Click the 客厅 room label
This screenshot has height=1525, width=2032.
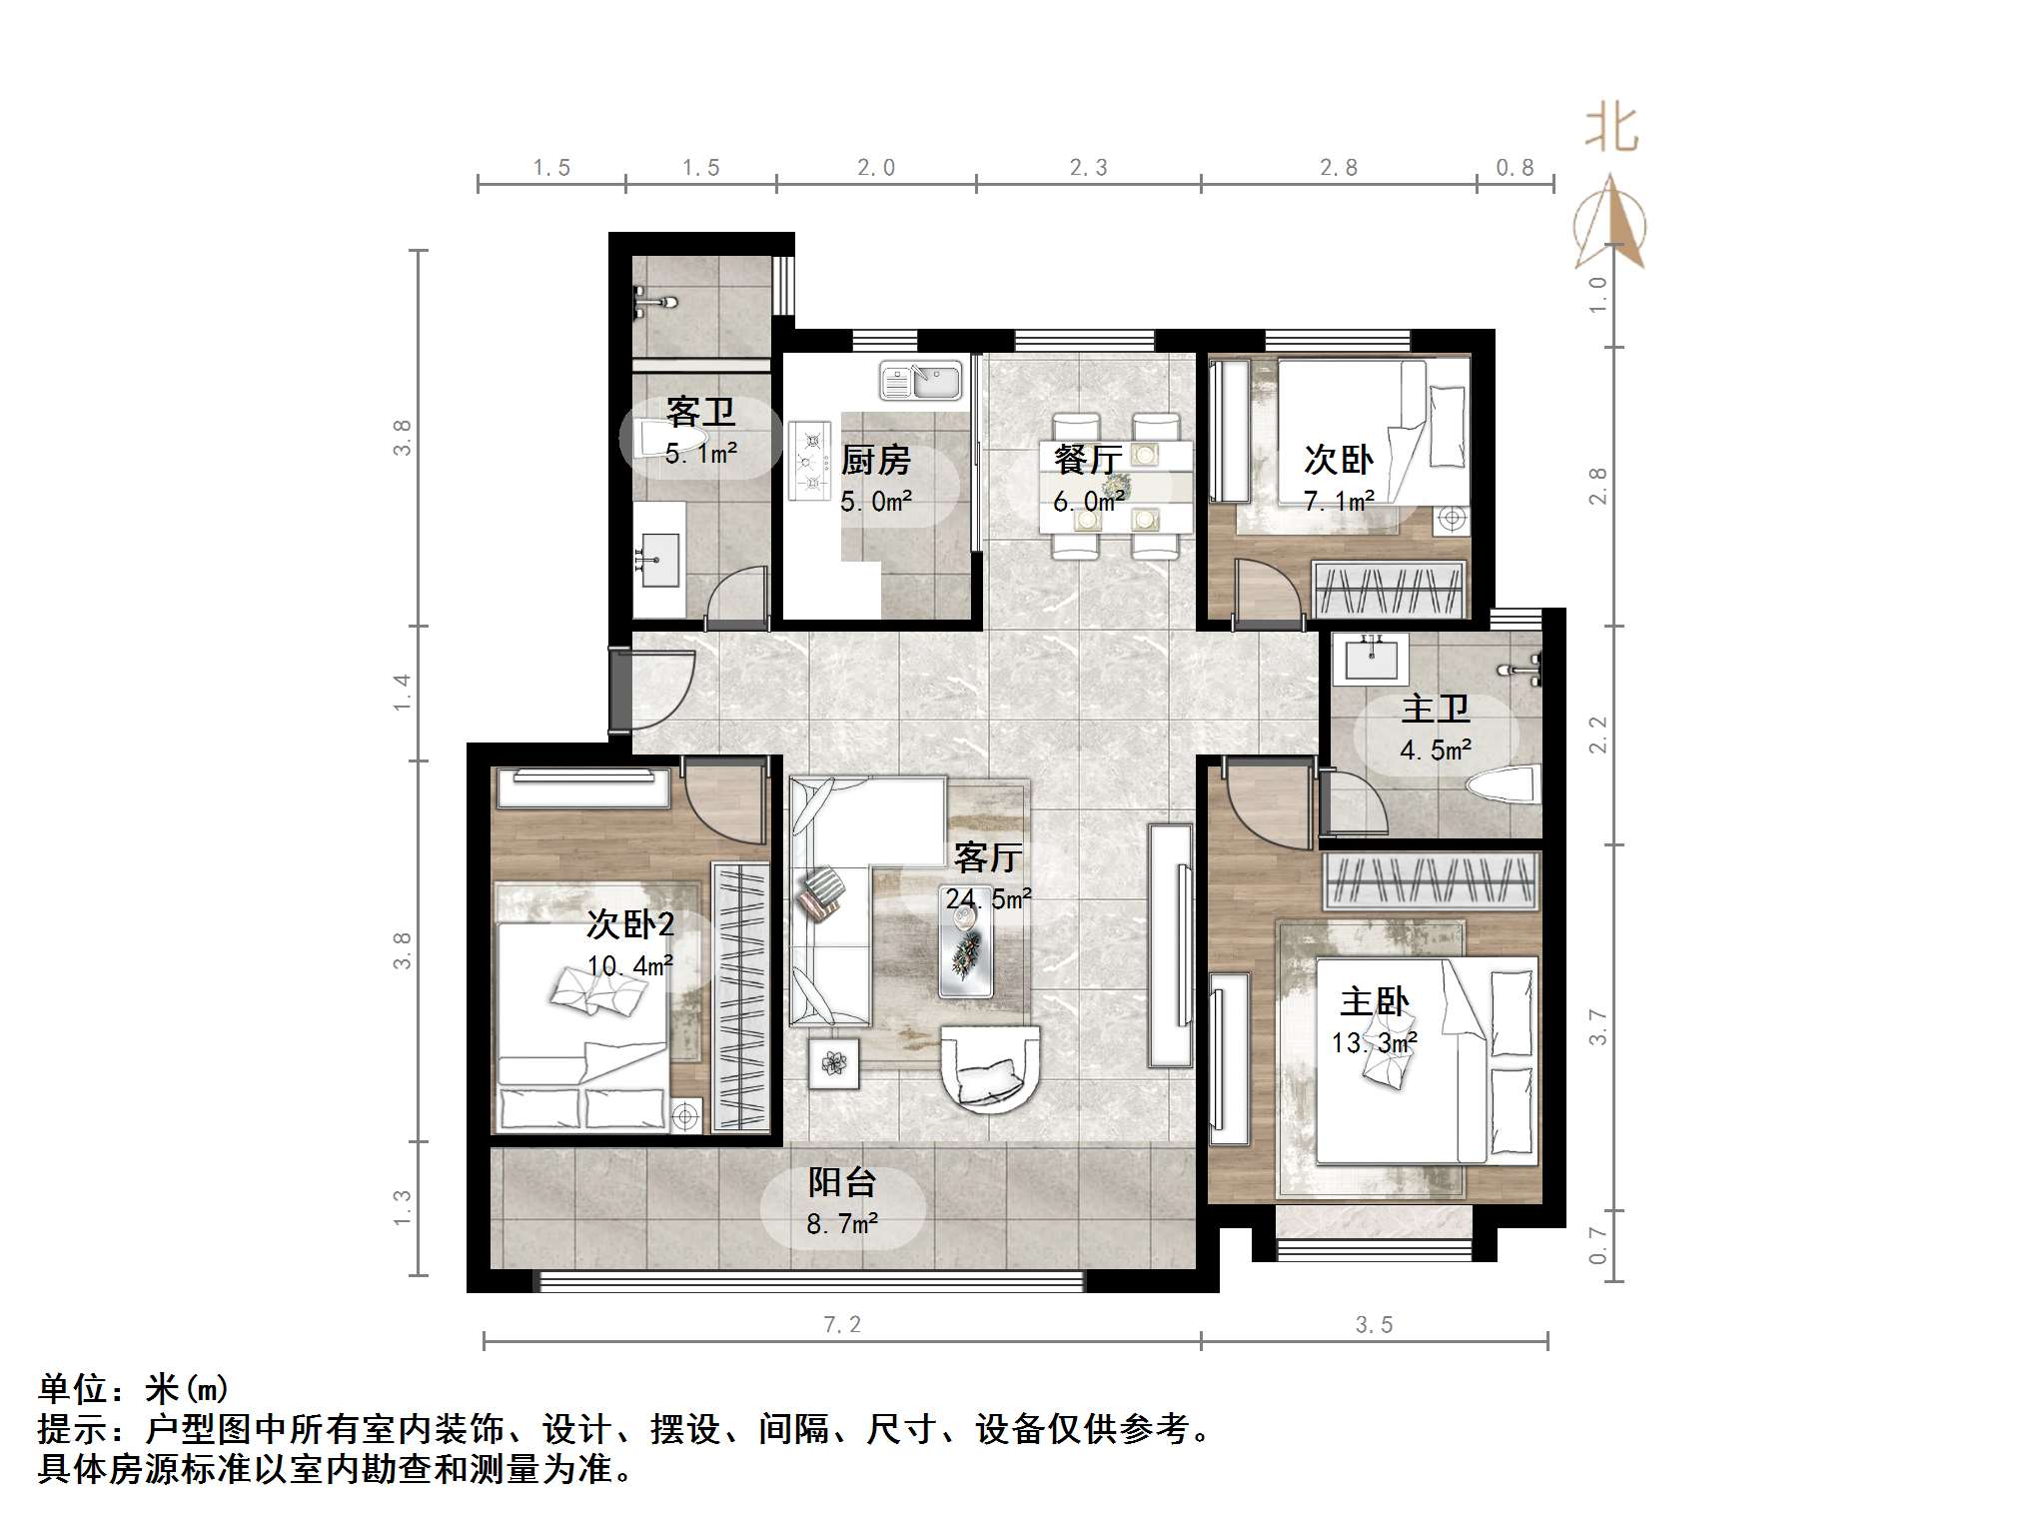(x=987, y=857)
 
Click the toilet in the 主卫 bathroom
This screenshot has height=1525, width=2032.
(x=1503, y=783)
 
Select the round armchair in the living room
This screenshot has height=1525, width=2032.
(x=989, y=1069)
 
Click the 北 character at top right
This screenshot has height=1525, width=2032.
(x=1611, y=129)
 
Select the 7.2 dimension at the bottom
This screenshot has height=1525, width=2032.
(x=842, y=1325)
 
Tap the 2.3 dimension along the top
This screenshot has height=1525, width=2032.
(x=1088, y=168)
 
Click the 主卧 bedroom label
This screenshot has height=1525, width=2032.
(x=1374, y=1000)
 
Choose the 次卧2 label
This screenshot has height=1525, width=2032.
(x=629, y=924)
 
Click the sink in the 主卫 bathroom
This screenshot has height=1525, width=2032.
(x=1372, y=660)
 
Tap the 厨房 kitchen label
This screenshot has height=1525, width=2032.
(x=875, y=461)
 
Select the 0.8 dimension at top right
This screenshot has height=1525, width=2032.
(x=1515, y=168)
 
